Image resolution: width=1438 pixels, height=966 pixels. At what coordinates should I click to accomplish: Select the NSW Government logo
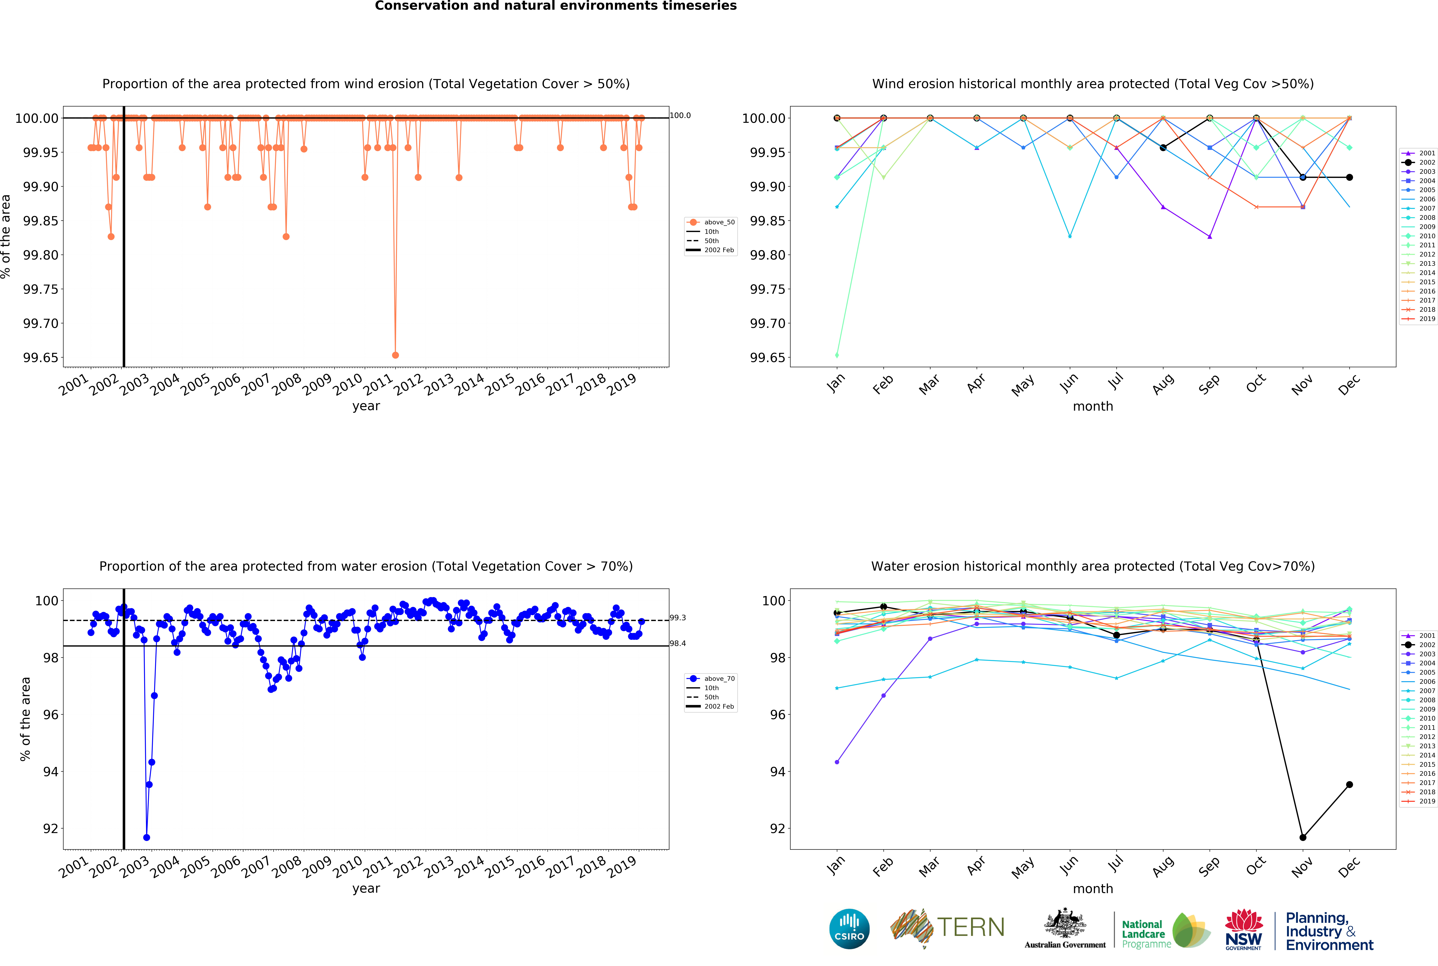(x=1243, y=929)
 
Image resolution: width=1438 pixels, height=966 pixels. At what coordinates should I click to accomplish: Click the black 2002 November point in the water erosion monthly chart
(x=1302, y=837)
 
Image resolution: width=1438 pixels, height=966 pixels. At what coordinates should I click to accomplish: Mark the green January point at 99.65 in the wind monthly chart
(x=837, y=355)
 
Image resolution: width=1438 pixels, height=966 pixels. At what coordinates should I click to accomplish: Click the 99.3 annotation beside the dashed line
(x=678, y=617)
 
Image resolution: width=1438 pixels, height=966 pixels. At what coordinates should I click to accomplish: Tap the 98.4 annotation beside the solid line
(x=678, y=643)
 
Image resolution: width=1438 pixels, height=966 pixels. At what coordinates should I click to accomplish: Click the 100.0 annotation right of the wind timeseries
(x=680, y=115)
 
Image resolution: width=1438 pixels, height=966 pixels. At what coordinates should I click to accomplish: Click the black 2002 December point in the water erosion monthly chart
(x=1349, y=784)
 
